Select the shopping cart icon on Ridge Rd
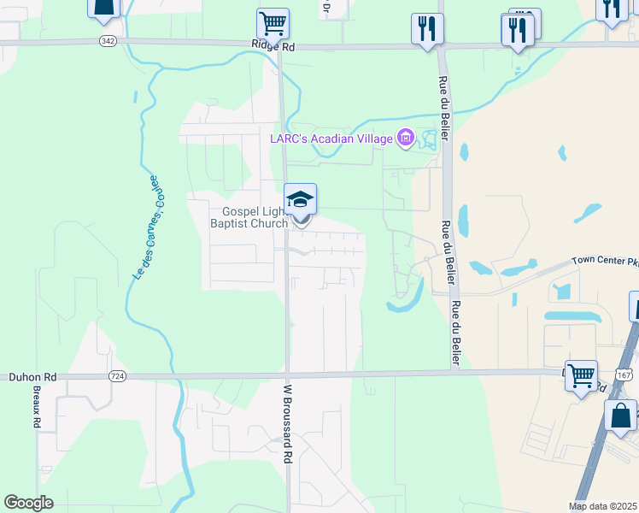[273, 23]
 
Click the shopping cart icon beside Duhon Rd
[581, 374]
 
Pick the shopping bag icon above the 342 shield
[103, 7]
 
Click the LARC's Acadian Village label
[330, 138]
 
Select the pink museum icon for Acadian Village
[405, 138]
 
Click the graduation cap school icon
[300, 199]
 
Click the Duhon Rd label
[32, 376]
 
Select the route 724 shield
[118, 376]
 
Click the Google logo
[28, 503]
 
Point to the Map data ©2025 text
[603, 506]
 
